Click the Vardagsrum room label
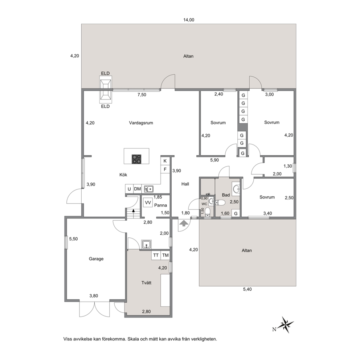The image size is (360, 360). tap(141, 123)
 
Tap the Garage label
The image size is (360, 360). tap(96, 259)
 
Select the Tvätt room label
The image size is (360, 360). tap(146, 283)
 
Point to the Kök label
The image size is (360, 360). tap(123, 175)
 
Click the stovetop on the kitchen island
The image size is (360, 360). tap(136, 159)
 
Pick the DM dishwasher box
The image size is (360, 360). tap(137, 189)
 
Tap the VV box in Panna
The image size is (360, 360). tap(148, 202)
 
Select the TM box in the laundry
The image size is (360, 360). tap(165, 255)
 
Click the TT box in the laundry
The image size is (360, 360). tap(156, 255)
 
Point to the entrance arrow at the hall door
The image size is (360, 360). tap(184, 223)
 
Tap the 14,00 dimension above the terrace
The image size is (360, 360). tap(188, 20)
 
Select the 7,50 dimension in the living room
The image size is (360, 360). tap(142, 95)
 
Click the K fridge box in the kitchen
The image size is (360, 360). tap(165, 161)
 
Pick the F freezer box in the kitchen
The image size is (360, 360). tap(165, 169)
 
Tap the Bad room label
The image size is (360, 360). tap(226, 195)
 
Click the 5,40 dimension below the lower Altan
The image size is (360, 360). tap(247, 289)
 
